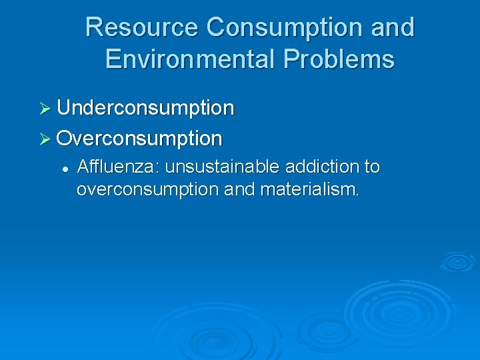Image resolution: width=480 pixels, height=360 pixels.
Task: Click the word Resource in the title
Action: (x=142, y=28)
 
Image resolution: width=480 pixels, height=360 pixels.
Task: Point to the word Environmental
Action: (x=190, y=59)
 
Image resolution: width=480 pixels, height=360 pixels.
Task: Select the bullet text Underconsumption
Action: (x=145, y=107)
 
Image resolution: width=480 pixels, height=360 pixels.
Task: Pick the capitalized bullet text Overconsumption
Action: (x=139, y=138)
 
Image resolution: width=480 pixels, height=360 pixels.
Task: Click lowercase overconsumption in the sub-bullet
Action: (x=147, y=189)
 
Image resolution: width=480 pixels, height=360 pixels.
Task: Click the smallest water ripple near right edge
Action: (x=457, y=261)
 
